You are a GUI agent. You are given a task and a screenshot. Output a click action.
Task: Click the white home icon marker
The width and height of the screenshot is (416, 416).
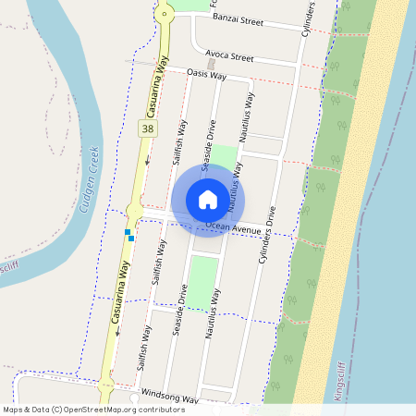(207, 199)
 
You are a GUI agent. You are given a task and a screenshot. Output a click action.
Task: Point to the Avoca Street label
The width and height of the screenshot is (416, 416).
(229, 56)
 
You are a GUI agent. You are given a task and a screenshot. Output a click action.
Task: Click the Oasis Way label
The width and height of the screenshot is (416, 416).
(206, 74)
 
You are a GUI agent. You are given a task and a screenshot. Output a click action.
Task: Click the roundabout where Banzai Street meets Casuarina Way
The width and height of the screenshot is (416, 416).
(165, 12)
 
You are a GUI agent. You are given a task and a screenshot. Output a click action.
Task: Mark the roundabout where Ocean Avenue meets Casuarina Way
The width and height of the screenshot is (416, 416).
(135, 214)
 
